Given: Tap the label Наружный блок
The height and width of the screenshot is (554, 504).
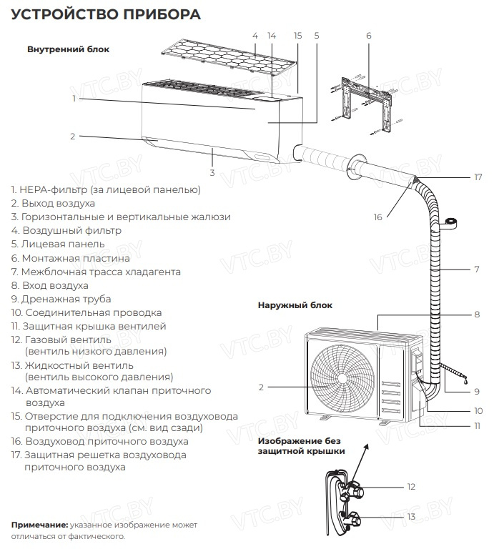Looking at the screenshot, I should pyautogui.click(x=295, y=305).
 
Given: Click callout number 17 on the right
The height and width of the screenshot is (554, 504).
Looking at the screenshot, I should pyautogui.click(x=478, y=177).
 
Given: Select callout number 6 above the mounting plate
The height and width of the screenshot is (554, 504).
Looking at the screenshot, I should pyautogui.click(x=368, y=35).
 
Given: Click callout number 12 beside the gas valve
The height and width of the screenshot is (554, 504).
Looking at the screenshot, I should pyautogui.click(x=410, y=486).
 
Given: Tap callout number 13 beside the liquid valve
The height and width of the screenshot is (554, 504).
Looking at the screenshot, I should pyautogui.click(x=410, y=516).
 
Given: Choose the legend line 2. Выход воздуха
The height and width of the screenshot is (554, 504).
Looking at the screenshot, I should pyautogui.click(x=53, y=203).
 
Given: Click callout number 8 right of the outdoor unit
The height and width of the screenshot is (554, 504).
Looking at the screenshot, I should pyautogui.click(x=476, y=314).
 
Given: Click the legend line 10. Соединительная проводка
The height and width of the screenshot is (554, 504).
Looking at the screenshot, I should pyautogui.click(x=86, y=312).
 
